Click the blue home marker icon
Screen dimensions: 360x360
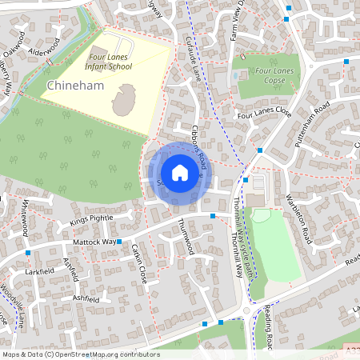pos(180,173)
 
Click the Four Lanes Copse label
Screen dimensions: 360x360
pos(274,76)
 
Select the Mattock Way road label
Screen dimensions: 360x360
pos(94,240)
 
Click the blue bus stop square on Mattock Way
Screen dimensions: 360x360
pos(118,241)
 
